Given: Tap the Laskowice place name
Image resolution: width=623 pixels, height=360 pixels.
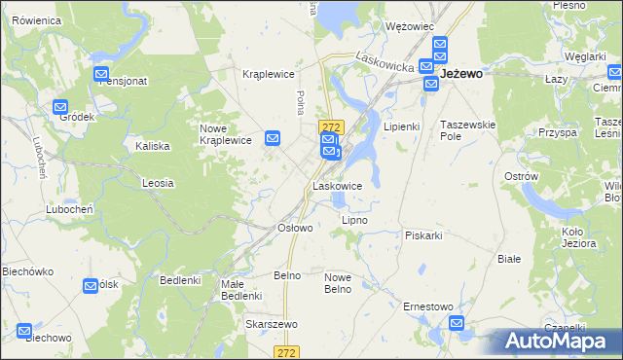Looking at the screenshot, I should click(338, 185).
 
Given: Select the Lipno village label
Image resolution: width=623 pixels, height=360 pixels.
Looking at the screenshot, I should click(354, 220).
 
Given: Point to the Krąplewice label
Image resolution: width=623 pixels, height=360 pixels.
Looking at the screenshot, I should click(268, 74).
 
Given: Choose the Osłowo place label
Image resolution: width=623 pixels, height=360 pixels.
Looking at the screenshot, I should click(295, 228).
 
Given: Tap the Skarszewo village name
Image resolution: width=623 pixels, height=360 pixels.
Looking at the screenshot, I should click(271, 324).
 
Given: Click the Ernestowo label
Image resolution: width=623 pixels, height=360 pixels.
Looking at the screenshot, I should click(428, 306).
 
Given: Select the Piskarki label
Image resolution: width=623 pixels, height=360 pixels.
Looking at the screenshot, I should click(424, 235).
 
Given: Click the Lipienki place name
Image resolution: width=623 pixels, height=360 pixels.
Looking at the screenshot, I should click(401, 126).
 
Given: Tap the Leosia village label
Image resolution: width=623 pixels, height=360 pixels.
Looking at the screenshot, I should click(158, 183).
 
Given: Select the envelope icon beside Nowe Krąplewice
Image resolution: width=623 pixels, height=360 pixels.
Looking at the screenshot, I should click(274, 138).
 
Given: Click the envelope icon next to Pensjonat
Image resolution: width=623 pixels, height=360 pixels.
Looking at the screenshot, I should click(101, 74).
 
